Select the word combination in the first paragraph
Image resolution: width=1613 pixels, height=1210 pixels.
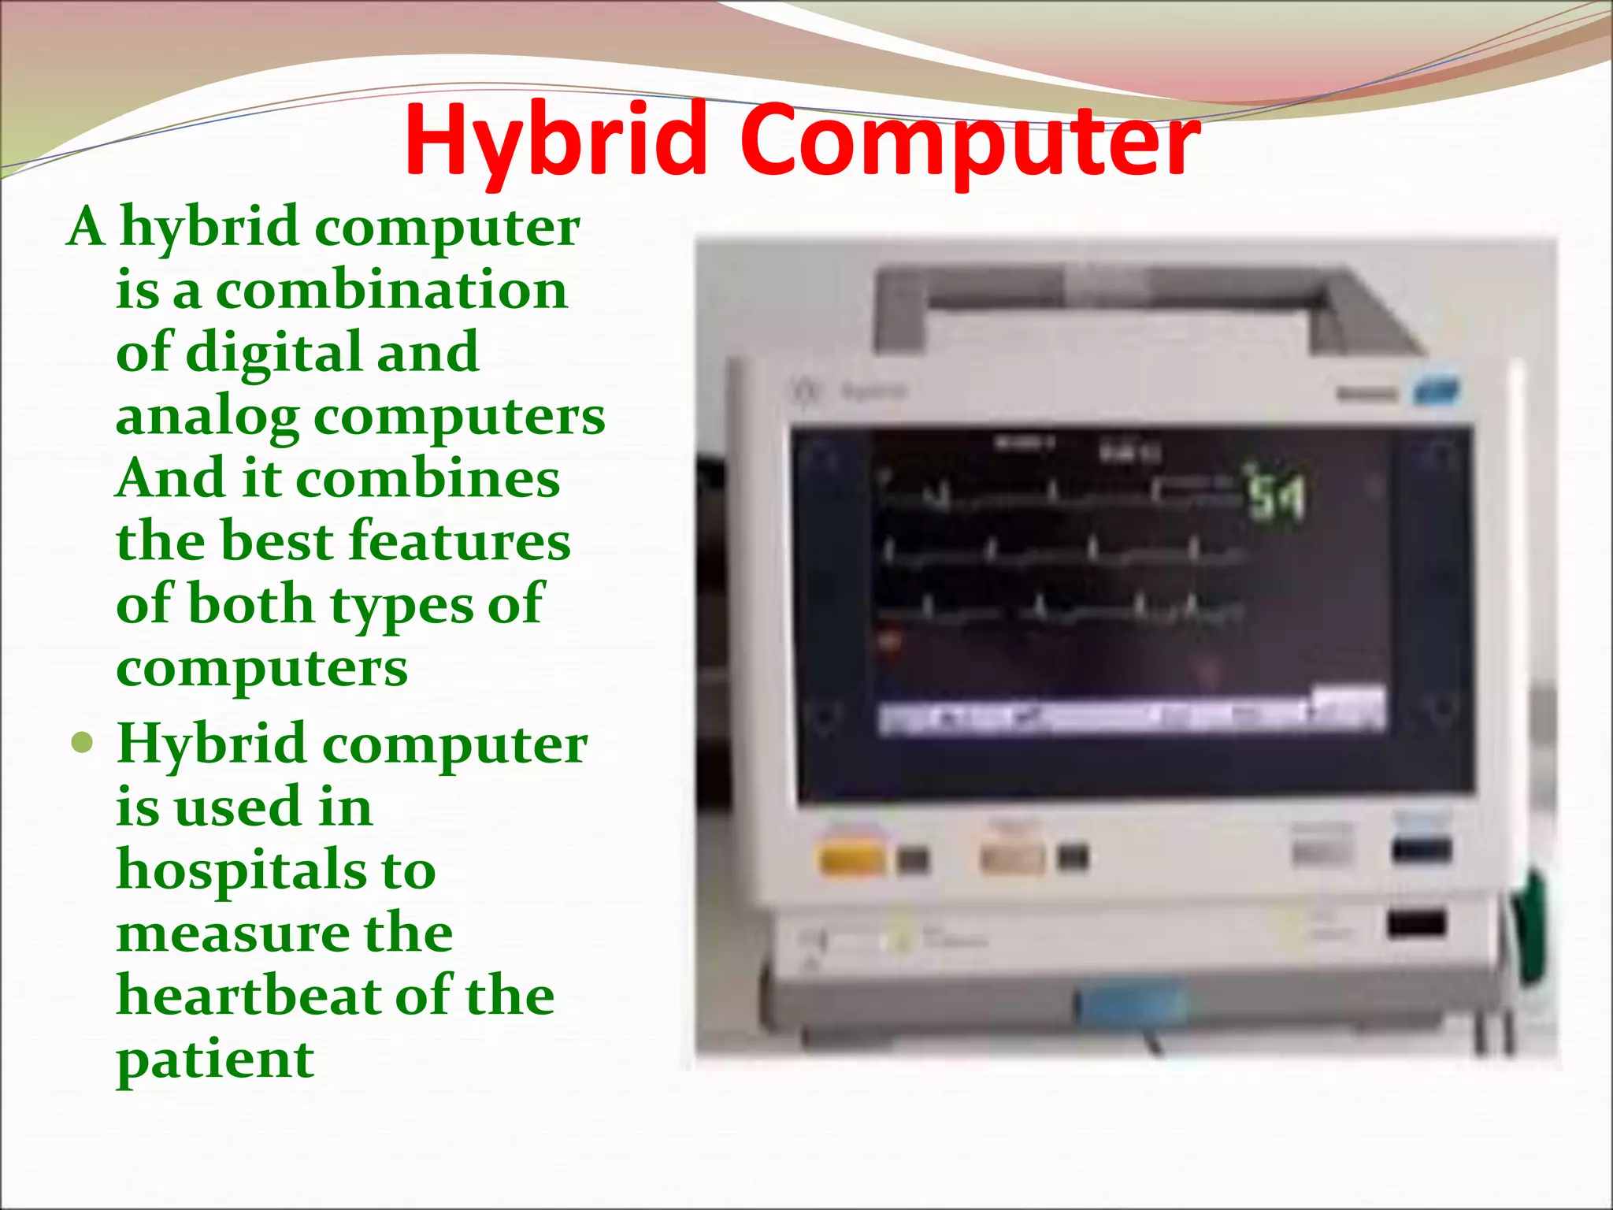click(391, 290)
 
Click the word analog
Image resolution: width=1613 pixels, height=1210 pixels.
click(206, 418)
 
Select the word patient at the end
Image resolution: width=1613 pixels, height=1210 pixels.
click(215, 1060)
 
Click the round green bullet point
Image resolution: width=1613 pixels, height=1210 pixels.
click(82, 743)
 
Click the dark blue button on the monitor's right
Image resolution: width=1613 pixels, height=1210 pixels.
click(1421, 850)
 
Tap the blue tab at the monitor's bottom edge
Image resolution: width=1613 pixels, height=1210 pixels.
click(1132, 1003)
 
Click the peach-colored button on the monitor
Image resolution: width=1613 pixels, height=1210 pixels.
click(1011, 857)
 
